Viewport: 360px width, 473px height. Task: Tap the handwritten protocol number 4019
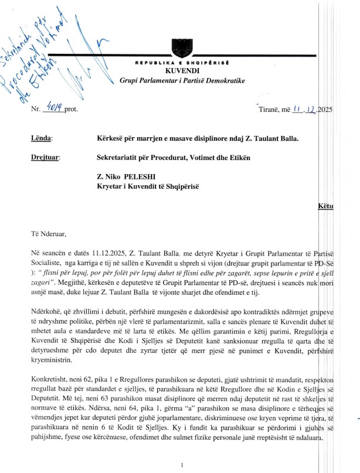tap(55, 107)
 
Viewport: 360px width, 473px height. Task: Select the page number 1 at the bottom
tap(183, 464)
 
